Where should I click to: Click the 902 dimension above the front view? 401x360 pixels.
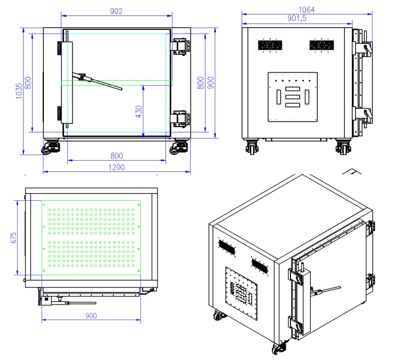(116, 11)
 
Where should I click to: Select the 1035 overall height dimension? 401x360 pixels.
(19, 91)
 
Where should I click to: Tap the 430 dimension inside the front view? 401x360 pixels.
(138, 111)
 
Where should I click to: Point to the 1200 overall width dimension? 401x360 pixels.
(116, 167)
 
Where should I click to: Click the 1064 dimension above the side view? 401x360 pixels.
(306, 9)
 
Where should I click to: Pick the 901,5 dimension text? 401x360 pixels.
(297, 18)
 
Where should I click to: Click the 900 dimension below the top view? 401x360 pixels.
(91, 316)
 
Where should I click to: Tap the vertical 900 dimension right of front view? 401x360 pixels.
(210, 83)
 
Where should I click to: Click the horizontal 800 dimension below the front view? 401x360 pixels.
(116, 155)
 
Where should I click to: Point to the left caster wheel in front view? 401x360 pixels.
(52, 147)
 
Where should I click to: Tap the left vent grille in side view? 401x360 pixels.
(270, 45)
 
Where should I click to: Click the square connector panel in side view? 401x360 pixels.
(293, 97)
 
